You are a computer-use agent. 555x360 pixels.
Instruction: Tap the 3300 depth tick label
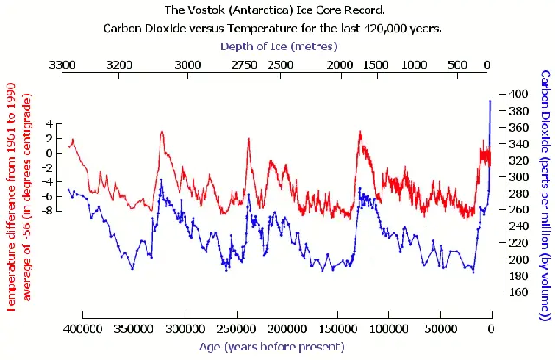pos(62,65)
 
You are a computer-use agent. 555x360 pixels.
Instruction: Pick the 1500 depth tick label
pos(376,65)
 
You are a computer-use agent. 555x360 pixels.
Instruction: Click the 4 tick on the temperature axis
pos(49,124)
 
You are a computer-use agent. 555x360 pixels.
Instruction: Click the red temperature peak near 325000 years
pos(162,132)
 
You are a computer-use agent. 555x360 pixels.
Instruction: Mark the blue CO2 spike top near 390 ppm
pos(490,101)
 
